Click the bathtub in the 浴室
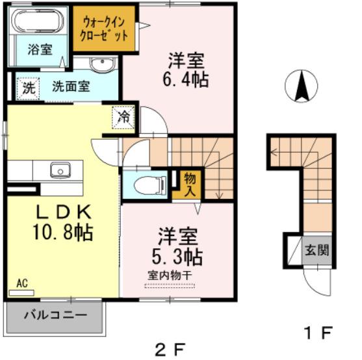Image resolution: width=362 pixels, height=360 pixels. click(x=38, y=21)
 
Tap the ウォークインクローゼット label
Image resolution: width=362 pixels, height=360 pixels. click(x=103, y=29)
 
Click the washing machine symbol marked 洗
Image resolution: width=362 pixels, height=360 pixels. click(x=29, y=88)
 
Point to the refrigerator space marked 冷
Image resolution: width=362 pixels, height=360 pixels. click(x=123, y=117)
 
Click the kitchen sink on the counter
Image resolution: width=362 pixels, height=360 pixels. click(x=60, y=170)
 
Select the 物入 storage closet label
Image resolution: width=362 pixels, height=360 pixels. click(x=190, y=185)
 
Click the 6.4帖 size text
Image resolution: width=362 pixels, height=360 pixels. click(x=186, y=80)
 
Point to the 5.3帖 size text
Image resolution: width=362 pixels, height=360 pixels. click(x=177, y=256)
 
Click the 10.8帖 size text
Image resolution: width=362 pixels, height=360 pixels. click(x=63, y=232)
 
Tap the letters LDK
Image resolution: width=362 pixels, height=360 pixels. click(x=64, y=212)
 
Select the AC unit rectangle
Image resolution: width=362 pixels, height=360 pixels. click(x=21, y=293)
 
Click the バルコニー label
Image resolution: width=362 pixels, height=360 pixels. click(x=56, y=315)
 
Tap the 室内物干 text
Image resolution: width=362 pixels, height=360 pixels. click(x=170, y=275)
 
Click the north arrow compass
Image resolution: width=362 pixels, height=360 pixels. click(x=302, y=86)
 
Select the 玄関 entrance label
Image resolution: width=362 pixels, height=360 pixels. click(x=317, y=250)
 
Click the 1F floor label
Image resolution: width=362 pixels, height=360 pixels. click(x=319, y=333)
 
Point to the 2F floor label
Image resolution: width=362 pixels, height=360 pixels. click(x=170, y=349)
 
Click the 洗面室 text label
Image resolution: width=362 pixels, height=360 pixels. click(x=71, y=86)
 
